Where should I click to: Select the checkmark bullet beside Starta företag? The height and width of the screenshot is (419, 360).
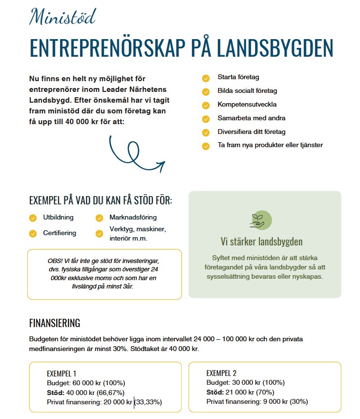[206, 77]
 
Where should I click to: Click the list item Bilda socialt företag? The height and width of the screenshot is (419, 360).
[248, 91]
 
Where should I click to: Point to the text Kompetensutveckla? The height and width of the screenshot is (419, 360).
[247, 105]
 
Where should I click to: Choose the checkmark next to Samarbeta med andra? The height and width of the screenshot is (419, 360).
[206, 118]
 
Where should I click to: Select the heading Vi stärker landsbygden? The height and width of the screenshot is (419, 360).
[261, 242]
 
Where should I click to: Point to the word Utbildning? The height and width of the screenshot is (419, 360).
[58, 218]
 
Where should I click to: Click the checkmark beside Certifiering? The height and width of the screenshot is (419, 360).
[33, 233]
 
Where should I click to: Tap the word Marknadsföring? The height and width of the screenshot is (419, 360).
[133, 218]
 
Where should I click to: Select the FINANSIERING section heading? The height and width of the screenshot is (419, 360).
[55, 323]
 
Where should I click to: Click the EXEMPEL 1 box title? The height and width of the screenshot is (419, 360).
[62, 374]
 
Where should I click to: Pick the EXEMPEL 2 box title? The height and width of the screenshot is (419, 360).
[222, 374]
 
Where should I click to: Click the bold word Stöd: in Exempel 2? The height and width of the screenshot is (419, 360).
[215, 393]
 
